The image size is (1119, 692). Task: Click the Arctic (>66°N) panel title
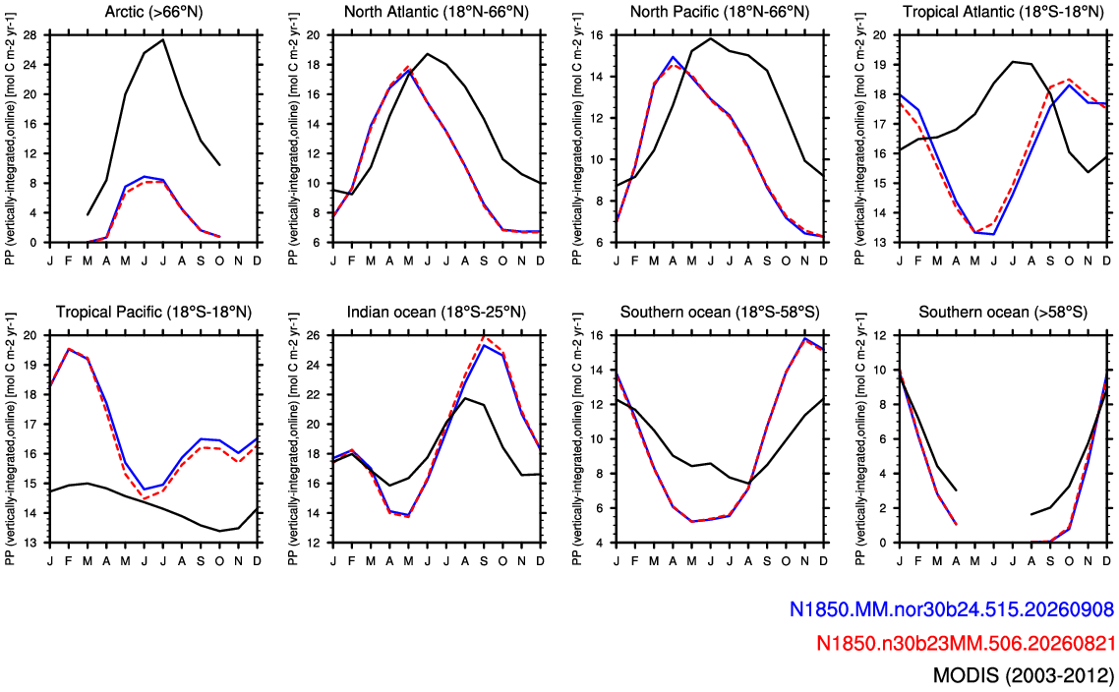(153, 12)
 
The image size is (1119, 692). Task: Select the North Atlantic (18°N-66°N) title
(436, 12)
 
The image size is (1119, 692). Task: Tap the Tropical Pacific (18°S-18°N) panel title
(153, 312)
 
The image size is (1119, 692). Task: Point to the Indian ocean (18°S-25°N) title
(436, 312)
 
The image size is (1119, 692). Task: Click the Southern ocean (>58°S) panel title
(1003, 312)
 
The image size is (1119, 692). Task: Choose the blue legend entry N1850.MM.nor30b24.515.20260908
(951, 609)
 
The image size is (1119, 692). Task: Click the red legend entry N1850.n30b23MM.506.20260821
(965, 643)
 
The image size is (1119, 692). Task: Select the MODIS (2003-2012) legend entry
(1024, 676)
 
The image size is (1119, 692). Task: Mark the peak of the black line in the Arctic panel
(163, 39)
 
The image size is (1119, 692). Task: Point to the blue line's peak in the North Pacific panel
(673, 56)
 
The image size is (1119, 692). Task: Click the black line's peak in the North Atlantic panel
(428, 53)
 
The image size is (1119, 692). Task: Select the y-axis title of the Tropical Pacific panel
(10, 438)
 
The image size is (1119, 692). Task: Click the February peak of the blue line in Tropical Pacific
(69, 349)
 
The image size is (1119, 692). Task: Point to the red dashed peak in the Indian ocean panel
(484, 337)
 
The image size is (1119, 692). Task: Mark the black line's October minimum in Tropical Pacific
(220, 531)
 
